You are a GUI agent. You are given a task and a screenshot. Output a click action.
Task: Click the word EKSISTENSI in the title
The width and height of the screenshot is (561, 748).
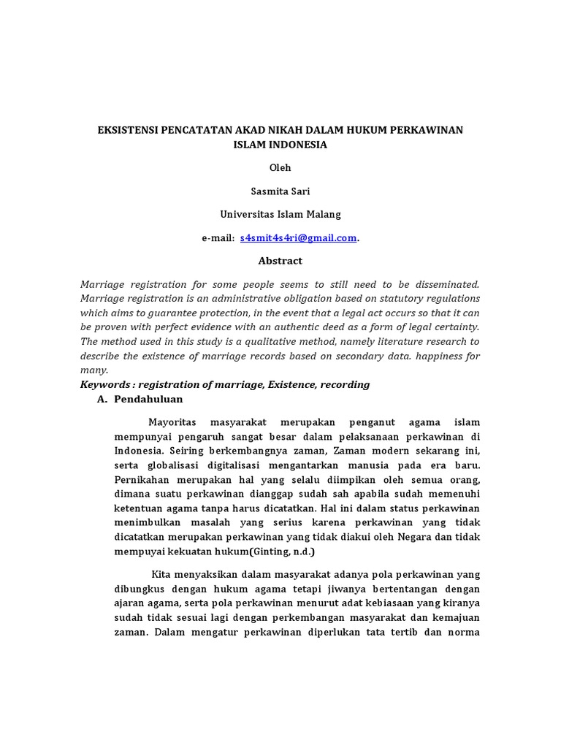point(126,130)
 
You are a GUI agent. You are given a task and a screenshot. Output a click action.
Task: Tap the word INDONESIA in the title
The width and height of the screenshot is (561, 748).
point(294,145)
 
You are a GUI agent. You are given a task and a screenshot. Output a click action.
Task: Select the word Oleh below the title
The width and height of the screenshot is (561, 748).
point(280,168)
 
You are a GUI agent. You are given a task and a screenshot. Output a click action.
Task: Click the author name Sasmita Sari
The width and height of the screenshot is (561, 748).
point(280,191)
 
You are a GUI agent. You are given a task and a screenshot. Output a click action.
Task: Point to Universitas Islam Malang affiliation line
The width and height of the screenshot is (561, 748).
point(280,215)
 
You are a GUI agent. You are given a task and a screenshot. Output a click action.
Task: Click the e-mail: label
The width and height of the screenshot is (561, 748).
point(218,238)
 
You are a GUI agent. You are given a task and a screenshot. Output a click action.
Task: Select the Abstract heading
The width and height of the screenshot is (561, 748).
point(280,261)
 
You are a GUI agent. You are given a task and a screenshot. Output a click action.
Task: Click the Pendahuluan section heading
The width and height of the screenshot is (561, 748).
point(149,400)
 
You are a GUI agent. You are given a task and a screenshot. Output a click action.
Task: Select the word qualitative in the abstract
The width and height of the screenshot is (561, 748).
point(267,341)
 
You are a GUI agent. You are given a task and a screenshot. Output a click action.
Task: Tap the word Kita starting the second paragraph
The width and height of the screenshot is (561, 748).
point(160,576)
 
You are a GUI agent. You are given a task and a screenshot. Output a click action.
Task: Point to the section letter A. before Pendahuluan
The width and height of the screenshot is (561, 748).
point(102,400)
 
